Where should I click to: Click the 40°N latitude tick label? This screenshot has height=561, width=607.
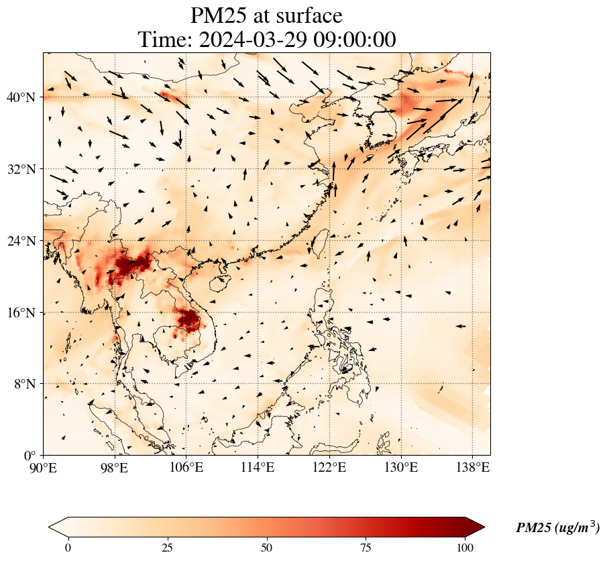[x=21, y=97]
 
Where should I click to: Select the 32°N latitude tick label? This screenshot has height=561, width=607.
[x=21, y=169]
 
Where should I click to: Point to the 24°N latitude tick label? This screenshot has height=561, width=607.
[x=21, y=241]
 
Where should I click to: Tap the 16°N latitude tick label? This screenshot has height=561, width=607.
[x=21, y=313]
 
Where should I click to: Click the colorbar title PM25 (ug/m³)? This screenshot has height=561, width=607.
[x=557, y=528]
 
